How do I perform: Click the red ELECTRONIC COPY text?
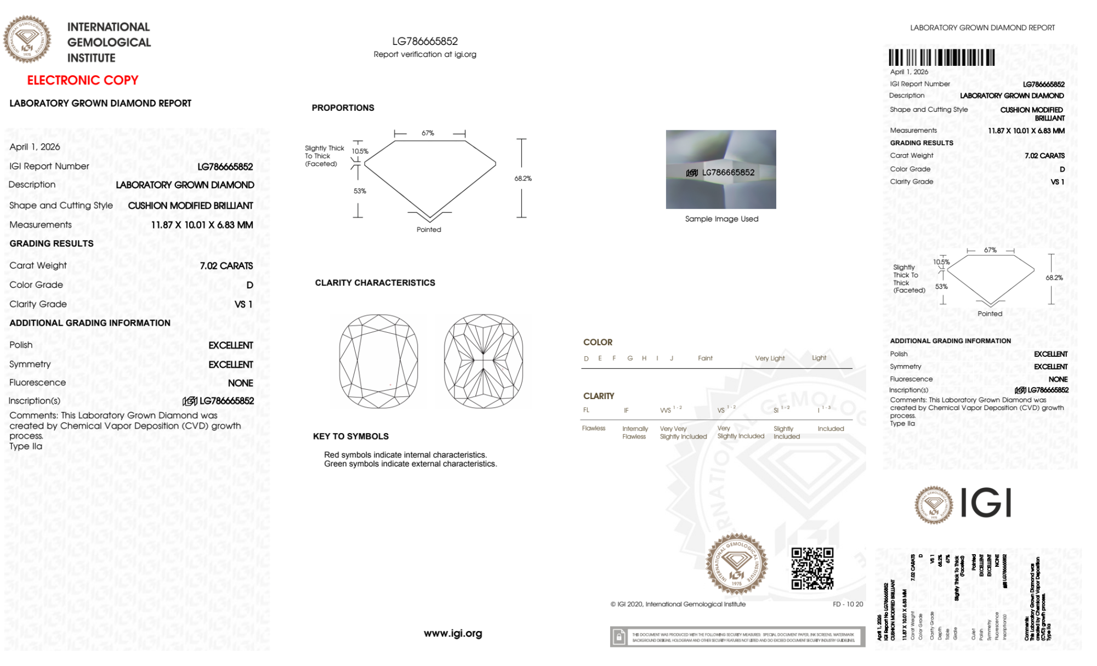click(x=83, y=81)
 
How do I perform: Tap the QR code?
click(x=812, y=568)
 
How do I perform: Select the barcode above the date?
click(x=941, y=58)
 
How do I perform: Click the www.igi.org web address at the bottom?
click(x=453, y=634)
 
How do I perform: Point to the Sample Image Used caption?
click(x=721, y=219)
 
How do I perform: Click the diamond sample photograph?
click(x=721, y=169)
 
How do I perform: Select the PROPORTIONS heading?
click(x=343, y=108)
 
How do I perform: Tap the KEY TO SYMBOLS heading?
click(x=351, y=437)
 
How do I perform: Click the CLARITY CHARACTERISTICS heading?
click(x=375, y=283)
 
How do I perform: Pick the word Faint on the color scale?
click(x=705, y=358)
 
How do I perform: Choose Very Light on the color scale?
click(x=770, y=358)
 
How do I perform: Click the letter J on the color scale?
click(x=672, y=358)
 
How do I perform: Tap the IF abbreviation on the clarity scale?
click(x=626, y=411)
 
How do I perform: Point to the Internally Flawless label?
click(x=635, y=433)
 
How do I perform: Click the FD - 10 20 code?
click(x=848, y=605)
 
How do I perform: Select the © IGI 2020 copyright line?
click(x=678, y=605)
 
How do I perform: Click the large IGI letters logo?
click(x=986, y=503)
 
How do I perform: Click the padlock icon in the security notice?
click(x=619, y=637)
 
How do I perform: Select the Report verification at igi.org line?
click(x=425, y=55)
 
